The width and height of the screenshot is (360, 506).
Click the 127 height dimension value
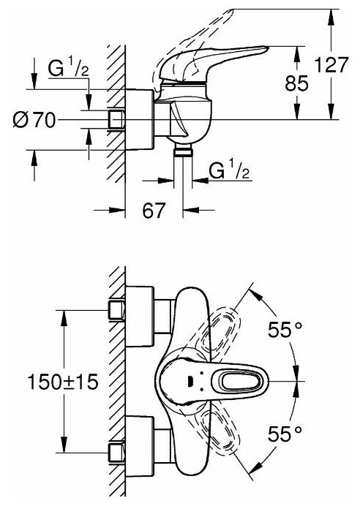point(331,64)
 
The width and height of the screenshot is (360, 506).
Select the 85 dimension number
point(297,83)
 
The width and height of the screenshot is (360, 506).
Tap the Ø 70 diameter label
point(34,121)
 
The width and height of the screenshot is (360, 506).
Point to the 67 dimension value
point(154,211)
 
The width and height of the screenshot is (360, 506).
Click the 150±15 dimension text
point(63,382)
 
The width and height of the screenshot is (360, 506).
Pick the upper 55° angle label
point(285,330)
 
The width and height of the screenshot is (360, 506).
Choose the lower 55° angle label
point(285,434)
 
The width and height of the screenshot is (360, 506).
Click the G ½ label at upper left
point(69,69)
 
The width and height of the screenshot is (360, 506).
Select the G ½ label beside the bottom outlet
point(229,170)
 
